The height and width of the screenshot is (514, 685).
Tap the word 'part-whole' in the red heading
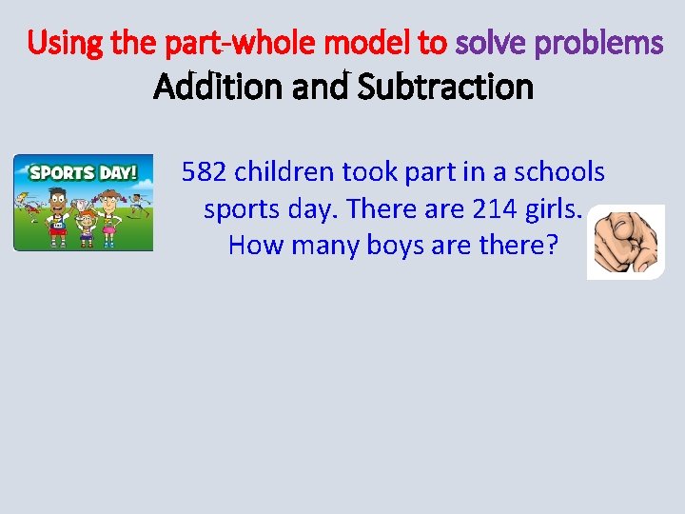pos(204,44)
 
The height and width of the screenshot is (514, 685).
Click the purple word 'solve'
pos(492,44)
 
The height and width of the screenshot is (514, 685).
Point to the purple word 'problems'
pos(600,44)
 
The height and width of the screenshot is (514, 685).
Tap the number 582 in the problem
pos(205,172)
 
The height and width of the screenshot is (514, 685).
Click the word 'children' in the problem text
pos(284,172)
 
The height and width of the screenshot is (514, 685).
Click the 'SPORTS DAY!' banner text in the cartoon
pos(83,172)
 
